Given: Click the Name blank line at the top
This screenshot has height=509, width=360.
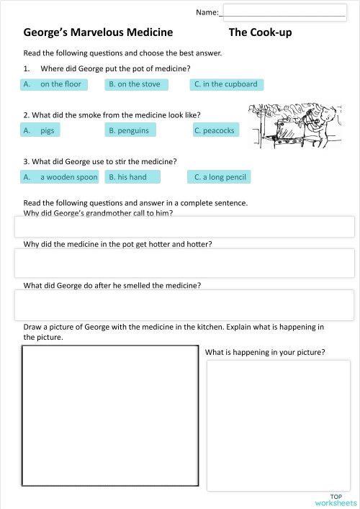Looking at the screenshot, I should pos(284,12).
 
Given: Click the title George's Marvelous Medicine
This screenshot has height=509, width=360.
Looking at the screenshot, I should pos(99,32).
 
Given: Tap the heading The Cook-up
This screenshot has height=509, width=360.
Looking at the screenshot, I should pos(260,32).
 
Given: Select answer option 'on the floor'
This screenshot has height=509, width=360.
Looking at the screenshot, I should pos(55,84).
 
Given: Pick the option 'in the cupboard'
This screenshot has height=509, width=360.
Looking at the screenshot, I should pos(227,84).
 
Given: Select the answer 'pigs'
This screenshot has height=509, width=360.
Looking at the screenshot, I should pos(41,130).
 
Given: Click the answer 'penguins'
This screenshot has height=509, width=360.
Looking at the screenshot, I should pos(132,130).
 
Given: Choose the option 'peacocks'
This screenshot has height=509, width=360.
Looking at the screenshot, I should pos(216,130).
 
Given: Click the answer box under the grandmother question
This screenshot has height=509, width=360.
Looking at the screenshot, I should pos(184,226).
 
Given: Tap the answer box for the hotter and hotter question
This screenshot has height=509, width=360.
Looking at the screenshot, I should pos(184,263).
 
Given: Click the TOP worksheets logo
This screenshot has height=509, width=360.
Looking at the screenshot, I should pos(336,499).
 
